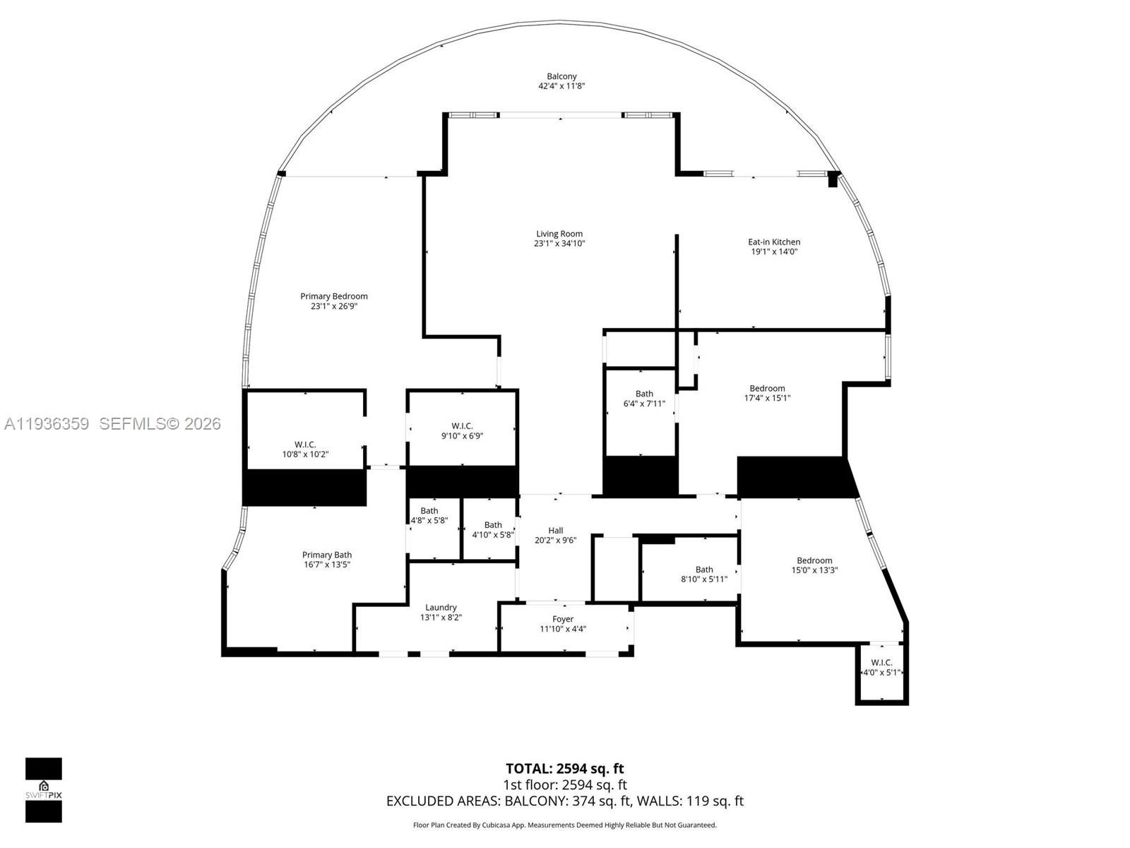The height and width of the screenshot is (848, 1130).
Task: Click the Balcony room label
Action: click(561, 76)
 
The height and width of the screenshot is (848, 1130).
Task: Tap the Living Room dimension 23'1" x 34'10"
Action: click(559, 244)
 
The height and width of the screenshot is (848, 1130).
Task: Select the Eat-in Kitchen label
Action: click(774, 242)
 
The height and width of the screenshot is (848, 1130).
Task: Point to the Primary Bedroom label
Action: click(334, 296)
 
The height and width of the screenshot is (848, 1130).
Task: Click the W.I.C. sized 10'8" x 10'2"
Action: click(305, 449)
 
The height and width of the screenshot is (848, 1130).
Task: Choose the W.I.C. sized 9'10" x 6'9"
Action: click(462, 431)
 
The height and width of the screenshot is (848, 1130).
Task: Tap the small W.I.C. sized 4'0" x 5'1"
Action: click(881, 668)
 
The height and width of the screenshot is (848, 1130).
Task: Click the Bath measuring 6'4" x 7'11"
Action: click(644, 399)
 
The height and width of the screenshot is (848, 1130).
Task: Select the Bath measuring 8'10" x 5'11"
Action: click(704, 574)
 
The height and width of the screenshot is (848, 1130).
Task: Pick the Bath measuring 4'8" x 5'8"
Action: click(429, 515)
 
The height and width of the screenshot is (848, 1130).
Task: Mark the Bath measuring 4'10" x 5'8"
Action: click(493, 529)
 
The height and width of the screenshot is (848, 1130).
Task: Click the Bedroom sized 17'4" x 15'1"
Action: click(767, 393)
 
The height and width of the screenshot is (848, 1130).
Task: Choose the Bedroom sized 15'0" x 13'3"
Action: click(814, 565)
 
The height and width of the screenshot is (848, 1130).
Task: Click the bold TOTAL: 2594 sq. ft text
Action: click(564, 768)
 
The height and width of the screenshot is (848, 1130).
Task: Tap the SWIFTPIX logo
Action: click(44, 789)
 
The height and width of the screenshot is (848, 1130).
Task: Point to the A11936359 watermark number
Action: click(47, 424)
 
